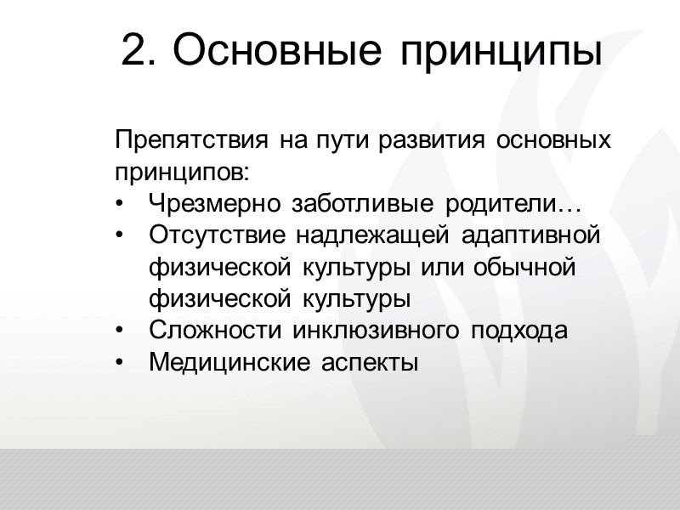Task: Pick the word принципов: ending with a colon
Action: click(182, 173)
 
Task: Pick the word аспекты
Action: click(371, 365)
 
